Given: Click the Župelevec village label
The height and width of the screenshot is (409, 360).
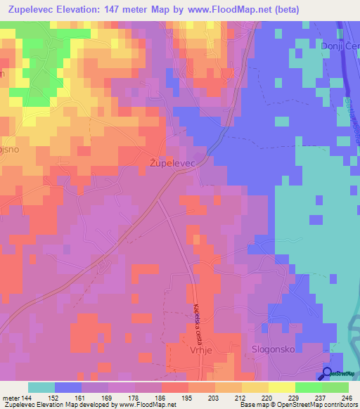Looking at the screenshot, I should (x=172, y=162).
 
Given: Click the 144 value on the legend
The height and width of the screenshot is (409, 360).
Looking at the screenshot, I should (x=27, y=398).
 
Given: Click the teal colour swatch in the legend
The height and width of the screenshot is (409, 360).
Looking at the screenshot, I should (x=41, y=387).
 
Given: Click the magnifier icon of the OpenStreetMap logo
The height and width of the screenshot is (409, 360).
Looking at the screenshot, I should (x=328, y=373).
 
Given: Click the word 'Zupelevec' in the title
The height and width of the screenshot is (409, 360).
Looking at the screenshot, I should (x=34, y=10).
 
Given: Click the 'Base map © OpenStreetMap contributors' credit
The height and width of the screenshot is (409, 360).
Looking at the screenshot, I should (x=298, y=405).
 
